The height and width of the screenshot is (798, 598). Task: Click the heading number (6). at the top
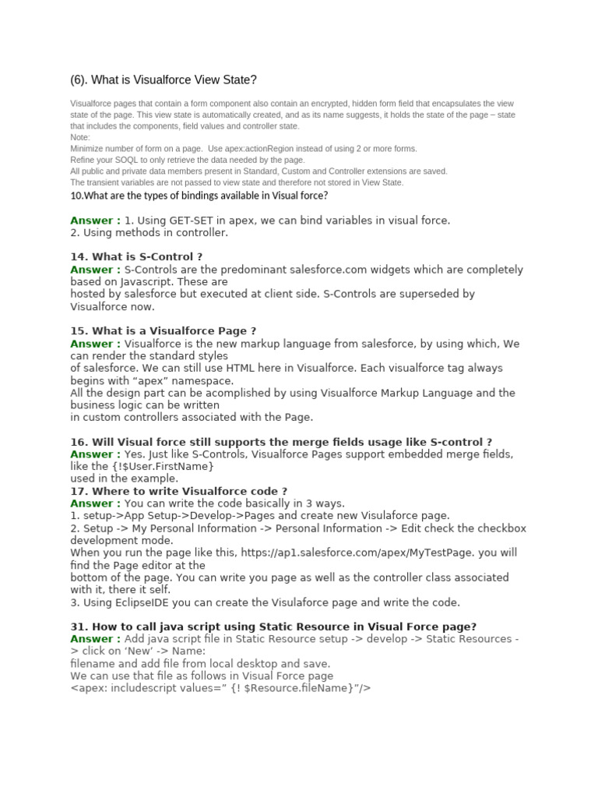point(79,79)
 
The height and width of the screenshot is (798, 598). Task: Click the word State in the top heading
point(241,79)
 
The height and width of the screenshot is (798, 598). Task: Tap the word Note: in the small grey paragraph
point(80,137)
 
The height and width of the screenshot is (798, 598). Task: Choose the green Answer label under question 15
point(95,344)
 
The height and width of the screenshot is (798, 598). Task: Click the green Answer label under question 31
point(95,639)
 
